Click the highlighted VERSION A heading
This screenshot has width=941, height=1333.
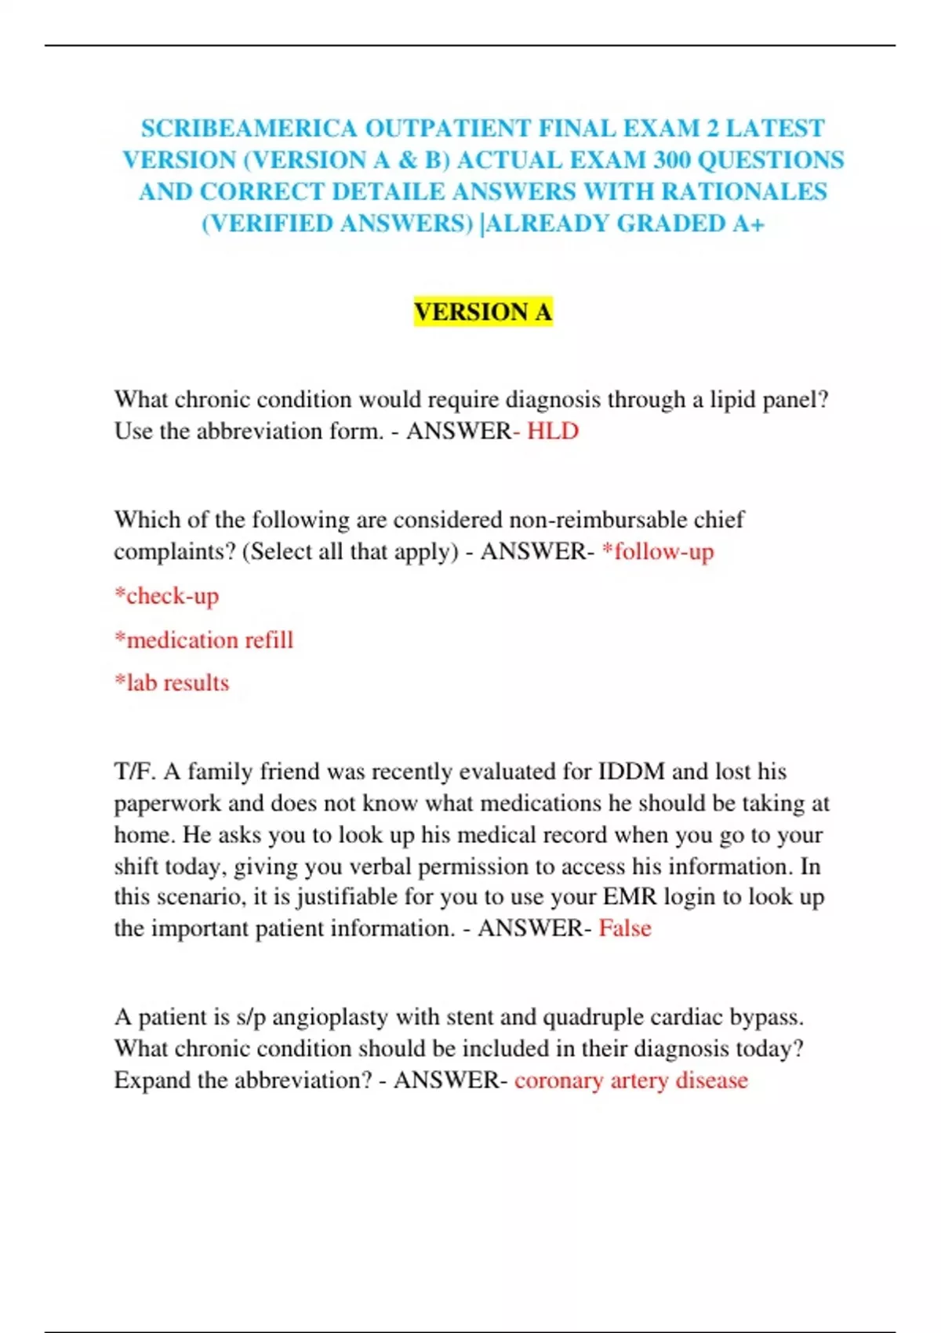(x=483, y=311)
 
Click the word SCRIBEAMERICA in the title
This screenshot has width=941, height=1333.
(x=249, y=128)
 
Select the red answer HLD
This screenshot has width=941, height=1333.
(x=553, y=431)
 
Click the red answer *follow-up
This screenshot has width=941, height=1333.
(x=658, y=552)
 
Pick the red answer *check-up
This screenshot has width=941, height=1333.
(x=166, y=596)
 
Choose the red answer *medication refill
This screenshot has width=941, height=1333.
(x=204, y=640)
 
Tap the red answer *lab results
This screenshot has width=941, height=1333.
(x=172, y=683)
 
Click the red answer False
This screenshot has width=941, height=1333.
(x=625, y=928)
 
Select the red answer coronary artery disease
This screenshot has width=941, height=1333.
(x=631, y=1081)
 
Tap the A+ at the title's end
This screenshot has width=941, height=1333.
(x=748, y=223)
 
